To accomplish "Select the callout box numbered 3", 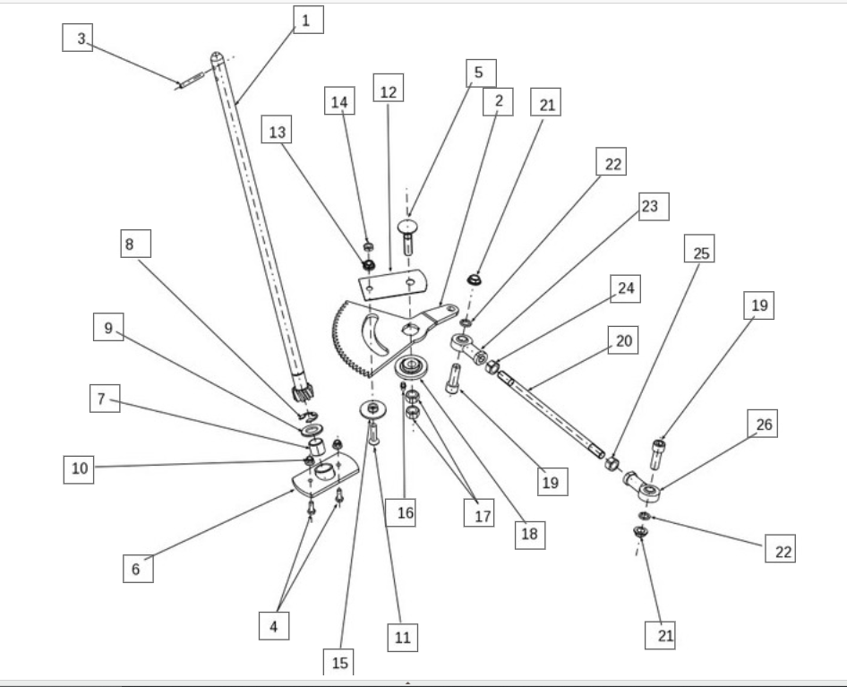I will (x=80, y=39).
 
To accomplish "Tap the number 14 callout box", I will (x=338, y=103).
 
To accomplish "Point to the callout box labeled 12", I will (x=387, y=90).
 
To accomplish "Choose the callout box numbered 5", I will (x=478, y=71).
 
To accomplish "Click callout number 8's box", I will (x=131, y=245).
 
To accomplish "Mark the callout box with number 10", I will (x=81, y=469).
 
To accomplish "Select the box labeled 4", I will (x=274, y=626).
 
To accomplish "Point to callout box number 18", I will (x=529, y=534).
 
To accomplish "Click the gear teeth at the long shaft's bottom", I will (x=301, y=391).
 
